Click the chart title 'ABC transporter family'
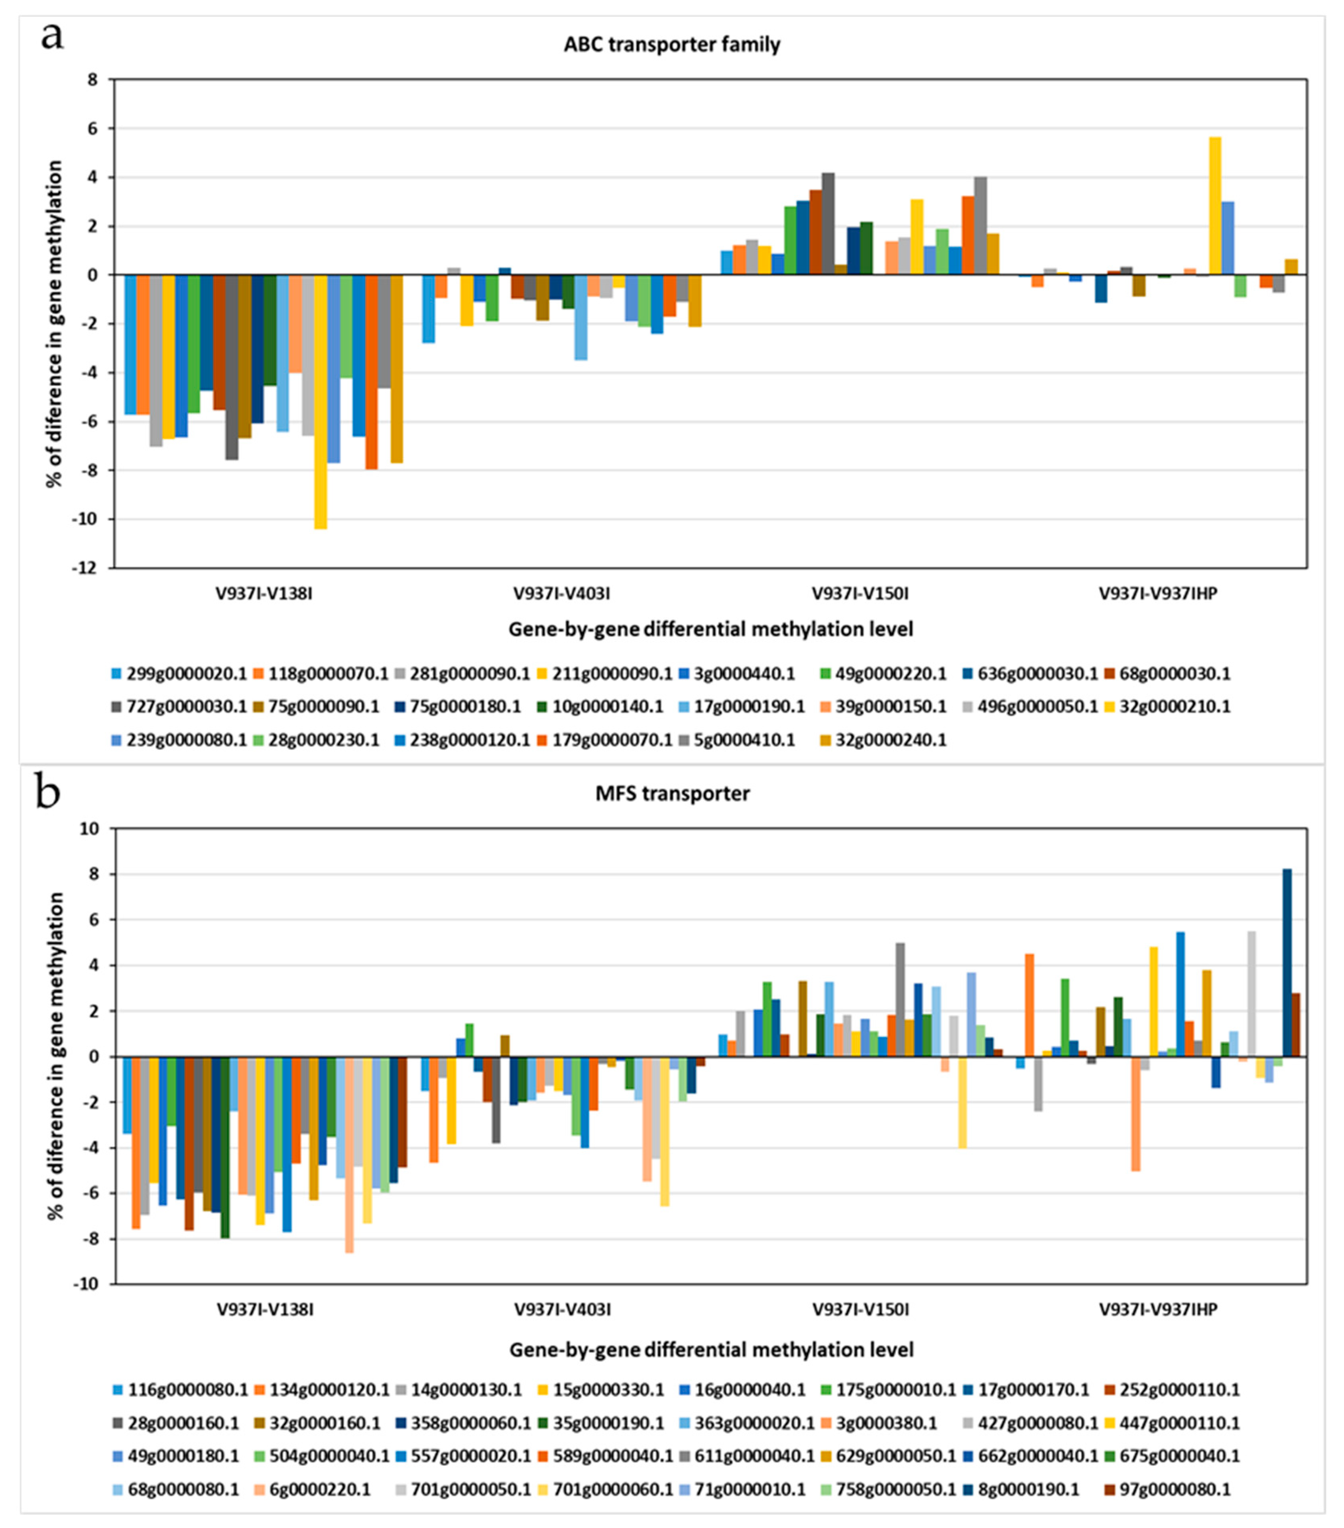pos(672,45)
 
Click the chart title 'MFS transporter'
pos(672,793)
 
